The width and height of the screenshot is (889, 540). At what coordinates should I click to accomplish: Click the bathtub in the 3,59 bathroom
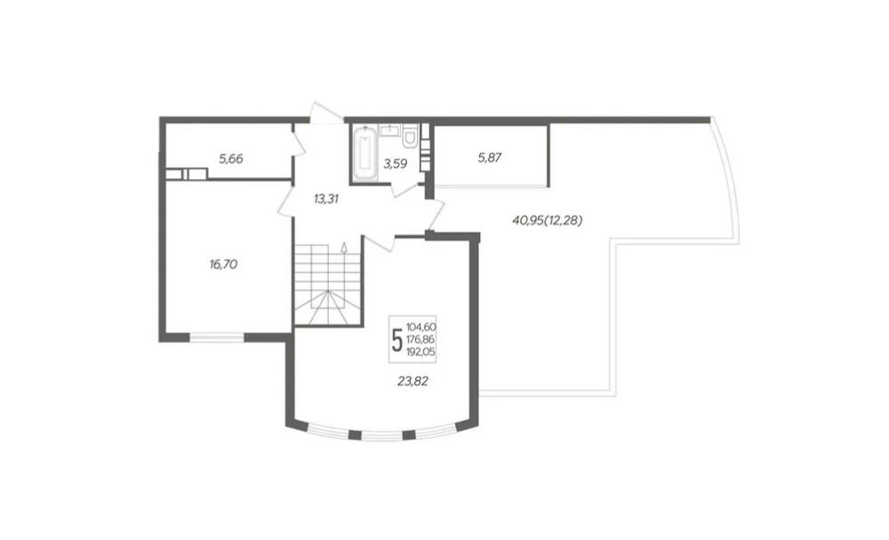click(364, 154)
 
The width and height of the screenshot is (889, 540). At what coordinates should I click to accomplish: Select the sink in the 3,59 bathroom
click(389, 130)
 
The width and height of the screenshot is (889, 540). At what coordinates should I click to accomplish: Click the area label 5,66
click(231, 159)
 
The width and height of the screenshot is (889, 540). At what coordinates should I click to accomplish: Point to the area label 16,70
click(223, 264)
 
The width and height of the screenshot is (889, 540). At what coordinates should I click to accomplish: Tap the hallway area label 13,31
click(326, 199)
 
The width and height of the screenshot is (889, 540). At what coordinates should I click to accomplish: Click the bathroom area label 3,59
click(396, 164)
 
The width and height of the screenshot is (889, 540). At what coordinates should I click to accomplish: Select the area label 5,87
click(489, 158)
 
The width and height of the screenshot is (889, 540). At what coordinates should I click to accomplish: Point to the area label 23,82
click(412, 382)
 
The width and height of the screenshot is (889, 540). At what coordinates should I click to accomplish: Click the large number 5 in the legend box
click(398, 339)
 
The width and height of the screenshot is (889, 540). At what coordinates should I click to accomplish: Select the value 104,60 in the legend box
click(421, 327)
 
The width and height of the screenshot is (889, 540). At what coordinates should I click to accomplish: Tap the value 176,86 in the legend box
click(421, 339)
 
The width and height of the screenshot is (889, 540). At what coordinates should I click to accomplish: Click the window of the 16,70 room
click(216, 337)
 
